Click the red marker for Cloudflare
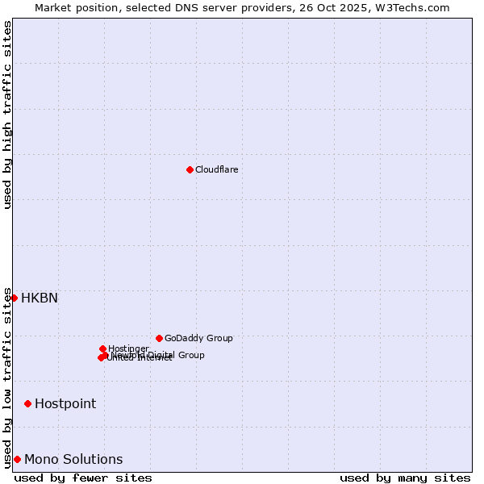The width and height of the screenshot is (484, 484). click(x=190, y=169)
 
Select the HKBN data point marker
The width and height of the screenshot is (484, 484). click(x=14, y=298)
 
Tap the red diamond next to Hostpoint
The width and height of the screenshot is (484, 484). click(x=27, y=403)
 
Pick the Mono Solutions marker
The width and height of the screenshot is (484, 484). click(x=17, y=459)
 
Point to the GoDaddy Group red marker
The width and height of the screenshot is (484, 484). click(x=159, y=338)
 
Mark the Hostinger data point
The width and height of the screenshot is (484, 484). click(x=102, y=348)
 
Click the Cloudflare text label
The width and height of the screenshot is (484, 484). click(x=216, y=169)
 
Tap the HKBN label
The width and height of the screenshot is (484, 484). click(x=39, y=298)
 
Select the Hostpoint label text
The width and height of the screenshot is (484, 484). click(x=65, y=403)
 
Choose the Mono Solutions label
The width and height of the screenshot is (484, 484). click(x=73, y=459)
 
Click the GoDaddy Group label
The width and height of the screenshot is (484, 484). click(x=198, y=338)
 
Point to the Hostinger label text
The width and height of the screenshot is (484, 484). click(x=128, y=348)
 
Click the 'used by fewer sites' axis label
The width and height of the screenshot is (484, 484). click(x=83, y=478)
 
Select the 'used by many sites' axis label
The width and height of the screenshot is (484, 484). click(x=405, y=478)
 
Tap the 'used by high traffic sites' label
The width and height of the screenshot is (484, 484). click(x=7, y=115)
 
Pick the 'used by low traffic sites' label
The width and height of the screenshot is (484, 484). click(x=7, y=378)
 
